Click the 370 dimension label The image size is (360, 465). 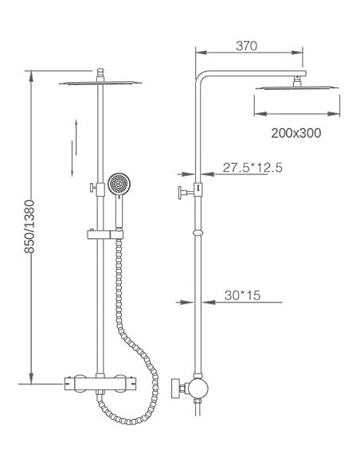point(248,46)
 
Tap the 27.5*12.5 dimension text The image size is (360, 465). point(252,167)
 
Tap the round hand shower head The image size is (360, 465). point(119,184)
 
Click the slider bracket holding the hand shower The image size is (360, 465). point(104,234)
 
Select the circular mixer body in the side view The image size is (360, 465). point(197,389)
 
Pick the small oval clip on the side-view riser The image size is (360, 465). point(197,233)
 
